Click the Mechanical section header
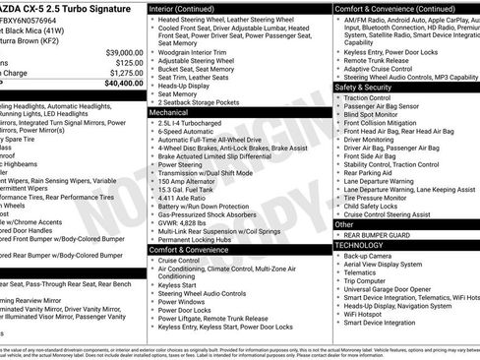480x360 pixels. click(176, 112)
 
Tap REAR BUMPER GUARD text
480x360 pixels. click(375, 234)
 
